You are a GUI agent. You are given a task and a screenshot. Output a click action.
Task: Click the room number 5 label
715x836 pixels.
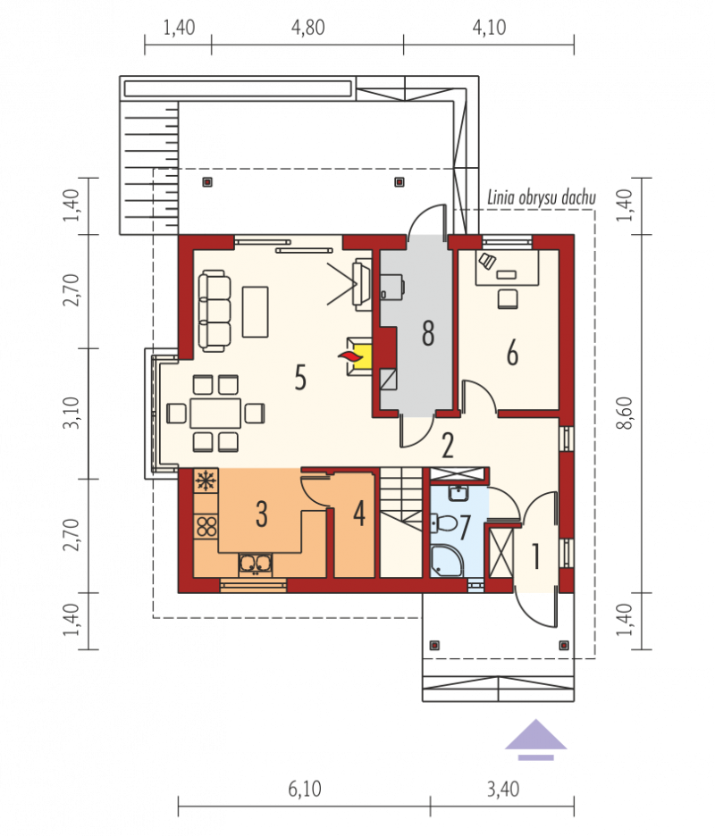coord(300,378)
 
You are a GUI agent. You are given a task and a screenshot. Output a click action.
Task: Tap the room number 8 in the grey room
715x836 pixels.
coord(428,333)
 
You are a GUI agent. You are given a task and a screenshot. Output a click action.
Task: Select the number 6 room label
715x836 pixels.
coord(512,353)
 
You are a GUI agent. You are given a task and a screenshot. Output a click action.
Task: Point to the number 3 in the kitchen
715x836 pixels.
coord(262,514)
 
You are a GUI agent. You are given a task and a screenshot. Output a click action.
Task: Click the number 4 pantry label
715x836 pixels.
coord(359,514)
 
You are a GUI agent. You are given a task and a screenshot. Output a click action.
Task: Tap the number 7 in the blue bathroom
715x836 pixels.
coord(465,527)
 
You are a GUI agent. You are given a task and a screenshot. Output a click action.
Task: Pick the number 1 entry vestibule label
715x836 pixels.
coord(535,556)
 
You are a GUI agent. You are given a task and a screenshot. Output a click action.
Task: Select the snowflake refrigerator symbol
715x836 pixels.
coord(206,481)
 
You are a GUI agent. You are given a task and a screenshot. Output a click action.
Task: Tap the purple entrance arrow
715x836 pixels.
coord(535,739)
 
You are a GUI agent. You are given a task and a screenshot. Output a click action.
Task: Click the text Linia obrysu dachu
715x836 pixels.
coord(541,197)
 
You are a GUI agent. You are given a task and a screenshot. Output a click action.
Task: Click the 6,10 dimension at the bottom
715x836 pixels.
coord(305,789)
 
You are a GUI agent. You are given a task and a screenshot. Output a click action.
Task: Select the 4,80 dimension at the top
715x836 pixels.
coord(307,27)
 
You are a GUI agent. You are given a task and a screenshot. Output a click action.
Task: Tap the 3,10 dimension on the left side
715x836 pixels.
coord(71,414)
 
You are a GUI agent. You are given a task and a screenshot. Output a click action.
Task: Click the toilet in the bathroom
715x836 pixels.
coord(444,523)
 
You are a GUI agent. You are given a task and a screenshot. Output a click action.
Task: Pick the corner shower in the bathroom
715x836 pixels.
coord(447,560)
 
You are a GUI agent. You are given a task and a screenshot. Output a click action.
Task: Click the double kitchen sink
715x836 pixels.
coord(255,564)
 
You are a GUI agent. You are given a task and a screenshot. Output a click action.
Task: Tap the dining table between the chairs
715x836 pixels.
coord(215,414)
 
